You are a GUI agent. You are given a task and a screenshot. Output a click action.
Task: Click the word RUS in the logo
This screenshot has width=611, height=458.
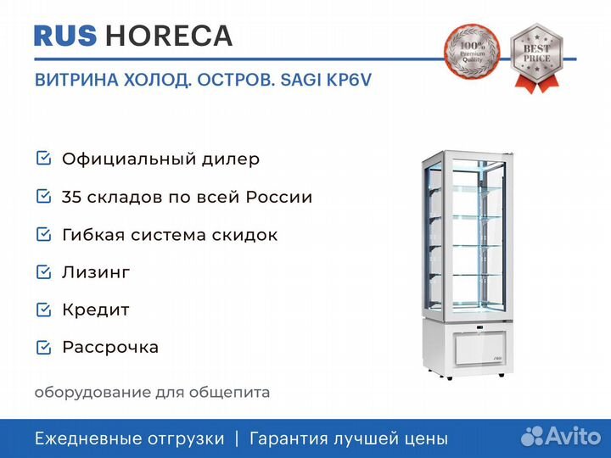coord(65,36)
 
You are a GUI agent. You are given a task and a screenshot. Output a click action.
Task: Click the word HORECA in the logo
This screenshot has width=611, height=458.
coord(169,36)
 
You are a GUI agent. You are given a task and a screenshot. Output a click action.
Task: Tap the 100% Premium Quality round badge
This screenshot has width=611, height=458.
coord(473,50)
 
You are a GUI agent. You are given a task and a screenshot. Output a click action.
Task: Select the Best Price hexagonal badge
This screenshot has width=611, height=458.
coord(537,57)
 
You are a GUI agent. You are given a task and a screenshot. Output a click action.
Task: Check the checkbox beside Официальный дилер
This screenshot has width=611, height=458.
coord(43,158)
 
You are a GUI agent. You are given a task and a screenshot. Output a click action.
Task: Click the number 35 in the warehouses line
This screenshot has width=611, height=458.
coord(71,197)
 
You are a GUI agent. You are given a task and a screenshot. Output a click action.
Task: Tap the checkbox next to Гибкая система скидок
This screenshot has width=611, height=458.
coord(43,234)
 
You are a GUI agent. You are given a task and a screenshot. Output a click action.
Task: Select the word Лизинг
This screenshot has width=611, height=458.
coord(96,272)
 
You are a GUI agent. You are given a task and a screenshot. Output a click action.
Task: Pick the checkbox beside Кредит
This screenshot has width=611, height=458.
coord(43,310)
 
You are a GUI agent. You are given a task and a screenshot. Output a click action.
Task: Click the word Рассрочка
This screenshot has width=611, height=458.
coord(110,348)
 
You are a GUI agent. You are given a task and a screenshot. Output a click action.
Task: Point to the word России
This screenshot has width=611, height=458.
coord(279,197)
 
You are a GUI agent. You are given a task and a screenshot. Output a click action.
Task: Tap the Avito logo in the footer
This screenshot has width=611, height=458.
coord(561,436)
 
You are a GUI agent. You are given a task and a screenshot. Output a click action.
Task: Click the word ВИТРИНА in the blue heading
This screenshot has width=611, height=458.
coord(76,80)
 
